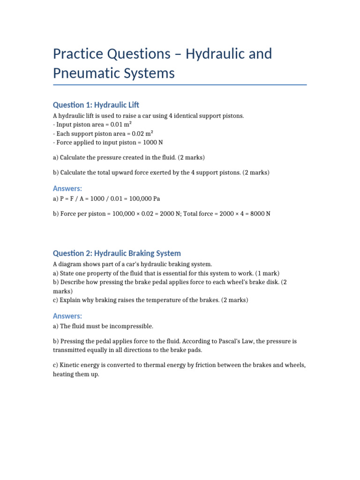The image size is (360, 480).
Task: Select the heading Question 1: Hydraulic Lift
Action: [96, 105]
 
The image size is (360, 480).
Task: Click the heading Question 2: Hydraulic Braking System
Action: [117, 253]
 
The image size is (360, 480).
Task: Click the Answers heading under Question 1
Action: [67, 188]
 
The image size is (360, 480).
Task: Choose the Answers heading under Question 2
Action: [67, 316]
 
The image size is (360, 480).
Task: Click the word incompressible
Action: [132, 326]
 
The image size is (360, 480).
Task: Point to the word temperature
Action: [161, 300]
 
